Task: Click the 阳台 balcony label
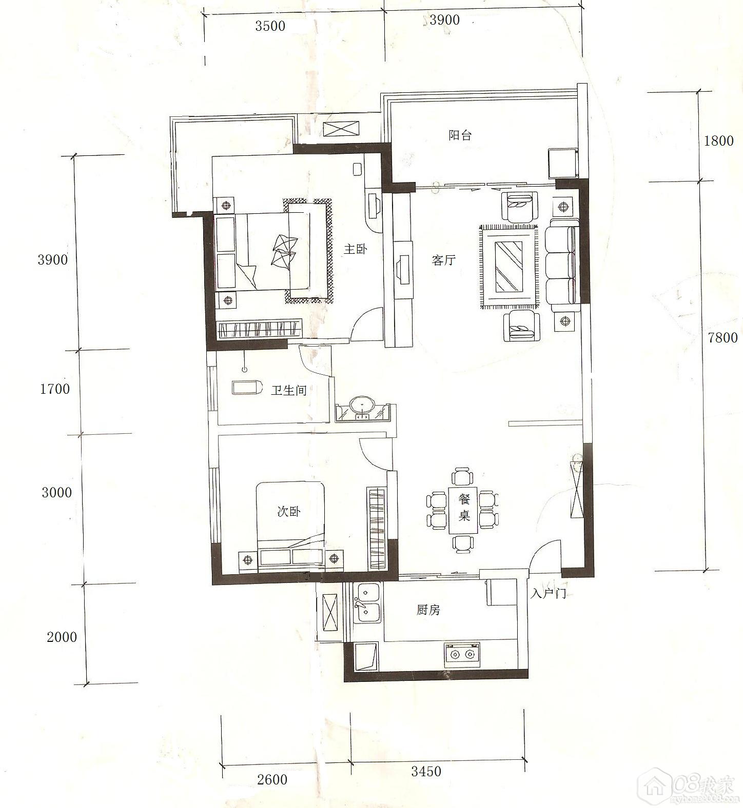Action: click(x=460, y=135)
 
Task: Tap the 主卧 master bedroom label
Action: click(x=356, y=250)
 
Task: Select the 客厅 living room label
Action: click(x=443, y=260)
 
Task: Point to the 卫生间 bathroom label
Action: click(x=289, y=391)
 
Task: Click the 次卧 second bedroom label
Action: click(x=289, y=511)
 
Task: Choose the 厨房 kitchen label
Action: click(x=428, y=610)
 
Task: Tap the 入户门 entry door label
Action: click(x=549, y=594)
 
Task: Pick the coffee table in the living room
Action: click(x=509, y=267)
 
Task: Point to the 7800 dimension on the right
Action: click(x=722, y=338)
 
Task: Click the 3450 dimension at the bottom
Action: click(x=426, y=771)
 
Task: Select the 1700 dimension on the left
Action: click(x=55, y=389)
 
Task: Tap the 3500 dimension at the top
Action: click(x=270, y=26)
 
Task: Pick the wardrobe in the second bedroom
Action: click(x=377, y=528)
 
